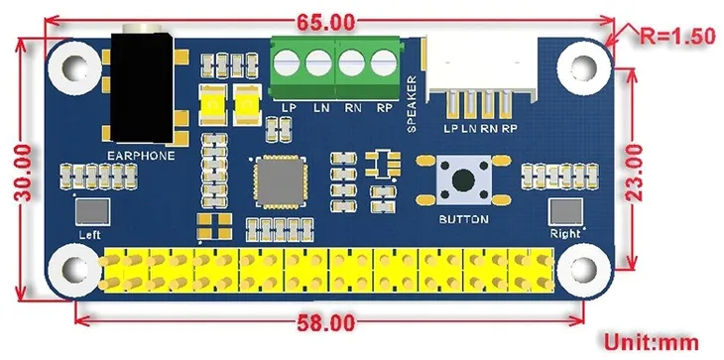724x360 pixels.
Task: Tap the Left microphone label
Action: [90, 234]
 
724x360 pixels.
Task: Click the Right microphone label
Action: [564, 234]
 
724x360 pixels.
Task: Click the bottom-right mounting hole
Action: [579, 272]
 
